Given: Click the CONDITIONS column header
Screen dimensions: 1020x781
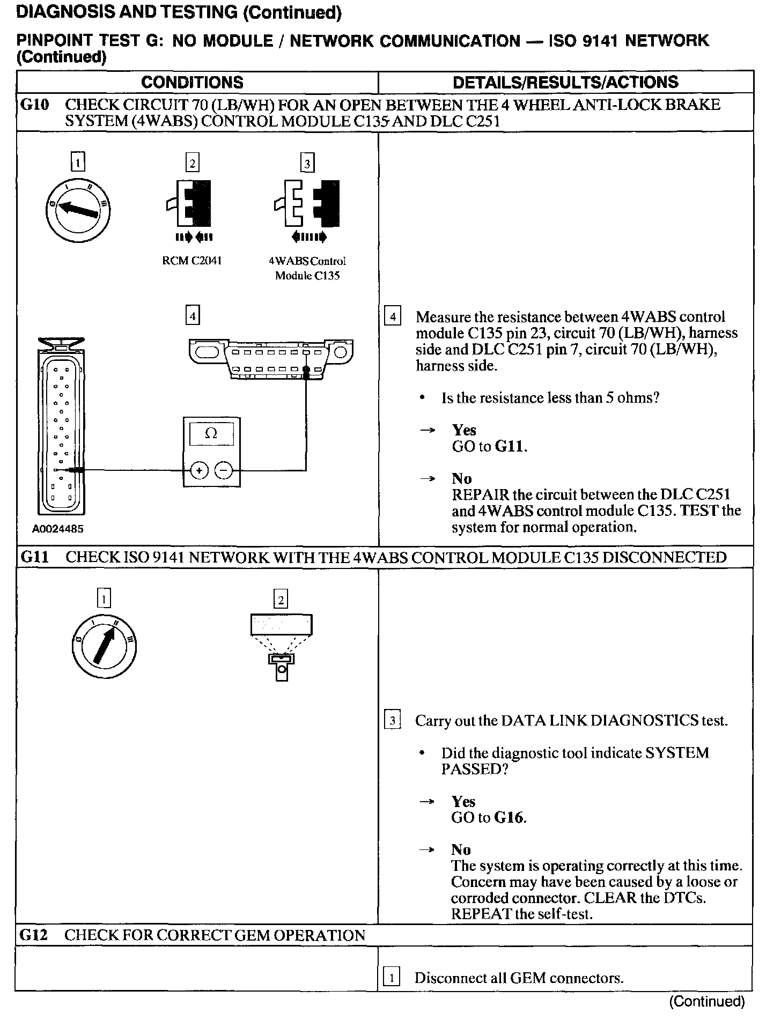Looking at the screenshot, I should pos(192,82).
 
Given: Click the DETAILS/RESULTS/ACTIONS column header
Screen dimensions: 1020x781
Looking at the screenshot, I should pos(565,82).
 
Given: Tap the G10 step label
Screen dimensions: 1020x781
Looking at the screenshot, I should pos(35,105).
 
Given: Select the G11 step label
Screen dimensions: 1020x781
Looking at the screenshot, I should pos(35,557).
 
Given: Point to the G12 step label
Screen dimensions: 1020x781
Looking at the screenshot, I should pos(34,936).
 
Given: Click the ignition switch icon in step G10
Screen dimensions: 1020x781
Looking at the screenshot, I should pos(78,209).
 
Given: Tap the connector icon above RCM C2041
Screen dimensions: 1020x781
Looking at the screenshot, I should pos(191,204).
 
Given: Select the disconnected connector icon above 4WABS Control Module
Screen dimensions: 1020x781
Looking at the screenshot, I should pos(307,204).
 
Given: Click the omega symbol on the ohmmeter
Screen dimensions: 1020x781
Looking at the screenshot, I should pos(211,434).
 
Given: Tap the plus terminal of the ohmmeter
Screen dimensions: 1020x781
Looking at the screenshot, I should pos(199,471).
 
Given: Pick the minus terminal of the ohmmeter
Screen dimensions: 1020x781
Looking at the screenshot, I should pos(224,471).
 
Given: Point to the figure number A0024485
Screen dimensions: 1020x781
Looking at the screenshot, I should pos(58,529).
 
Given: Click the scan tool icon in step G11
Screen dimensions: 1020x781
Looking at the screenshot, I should pos(281,644).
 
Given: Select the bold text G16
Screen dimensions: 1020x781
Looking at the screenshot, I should pos(510,818).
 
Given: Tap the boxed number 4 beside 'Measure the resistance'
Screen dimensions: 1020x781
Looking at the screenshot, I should pos(393,317).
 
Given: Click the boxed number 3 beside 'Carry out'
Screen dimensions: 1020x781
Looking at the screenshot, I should pos(393,720).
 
